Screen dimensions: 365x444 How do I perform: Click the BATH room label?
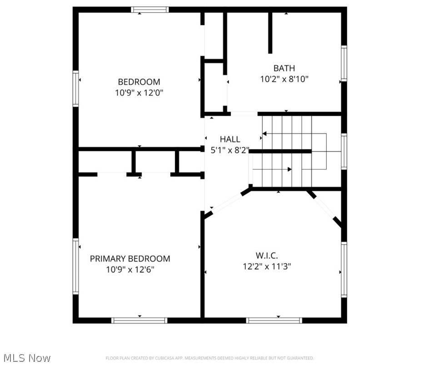click(x=284, y=69)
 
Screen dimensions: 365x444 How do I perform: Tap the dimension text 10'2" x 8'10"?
click(x=284, y=79)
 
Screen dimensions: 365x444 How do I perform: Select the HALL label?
click(x=230, y=139)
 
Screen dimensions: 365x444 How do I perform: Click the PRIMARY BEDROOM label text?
click(x=130, y=259)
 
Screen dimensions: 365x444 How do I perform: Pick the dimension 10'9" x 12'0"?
click(x=139, y=93)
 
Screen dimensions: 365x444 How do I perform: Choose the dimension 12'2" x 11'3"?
click(x=266, y=266)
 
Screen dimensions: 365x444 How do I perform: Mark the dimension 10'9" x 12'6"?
click(x=130, y=270)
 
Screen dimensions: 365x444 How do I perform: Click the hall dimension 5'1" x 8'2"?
click(x=230, y=150)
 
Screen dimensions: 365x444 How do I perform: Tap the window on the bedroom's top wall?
click(x=150, y=10)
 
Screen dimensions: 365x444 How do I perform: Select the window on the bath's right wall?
click(x=344, y=64)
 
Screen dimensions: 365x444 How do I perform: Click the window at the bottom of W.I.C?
click(x=274, y=320)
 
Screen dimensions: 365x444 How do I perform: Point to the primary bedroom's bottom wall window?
click(x=140, y=320)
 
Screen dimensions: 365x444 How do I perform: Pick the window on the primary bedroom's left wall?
click(x=76, y=266)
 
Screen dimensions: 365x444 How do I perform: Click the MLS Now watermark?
click(x=26, y=358)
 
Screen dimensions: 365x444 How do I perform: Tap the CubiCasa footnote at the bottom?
click(x=210, y=358)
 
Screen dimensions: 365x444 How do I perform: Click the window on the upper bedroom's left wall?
click(x=76, y=89)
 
